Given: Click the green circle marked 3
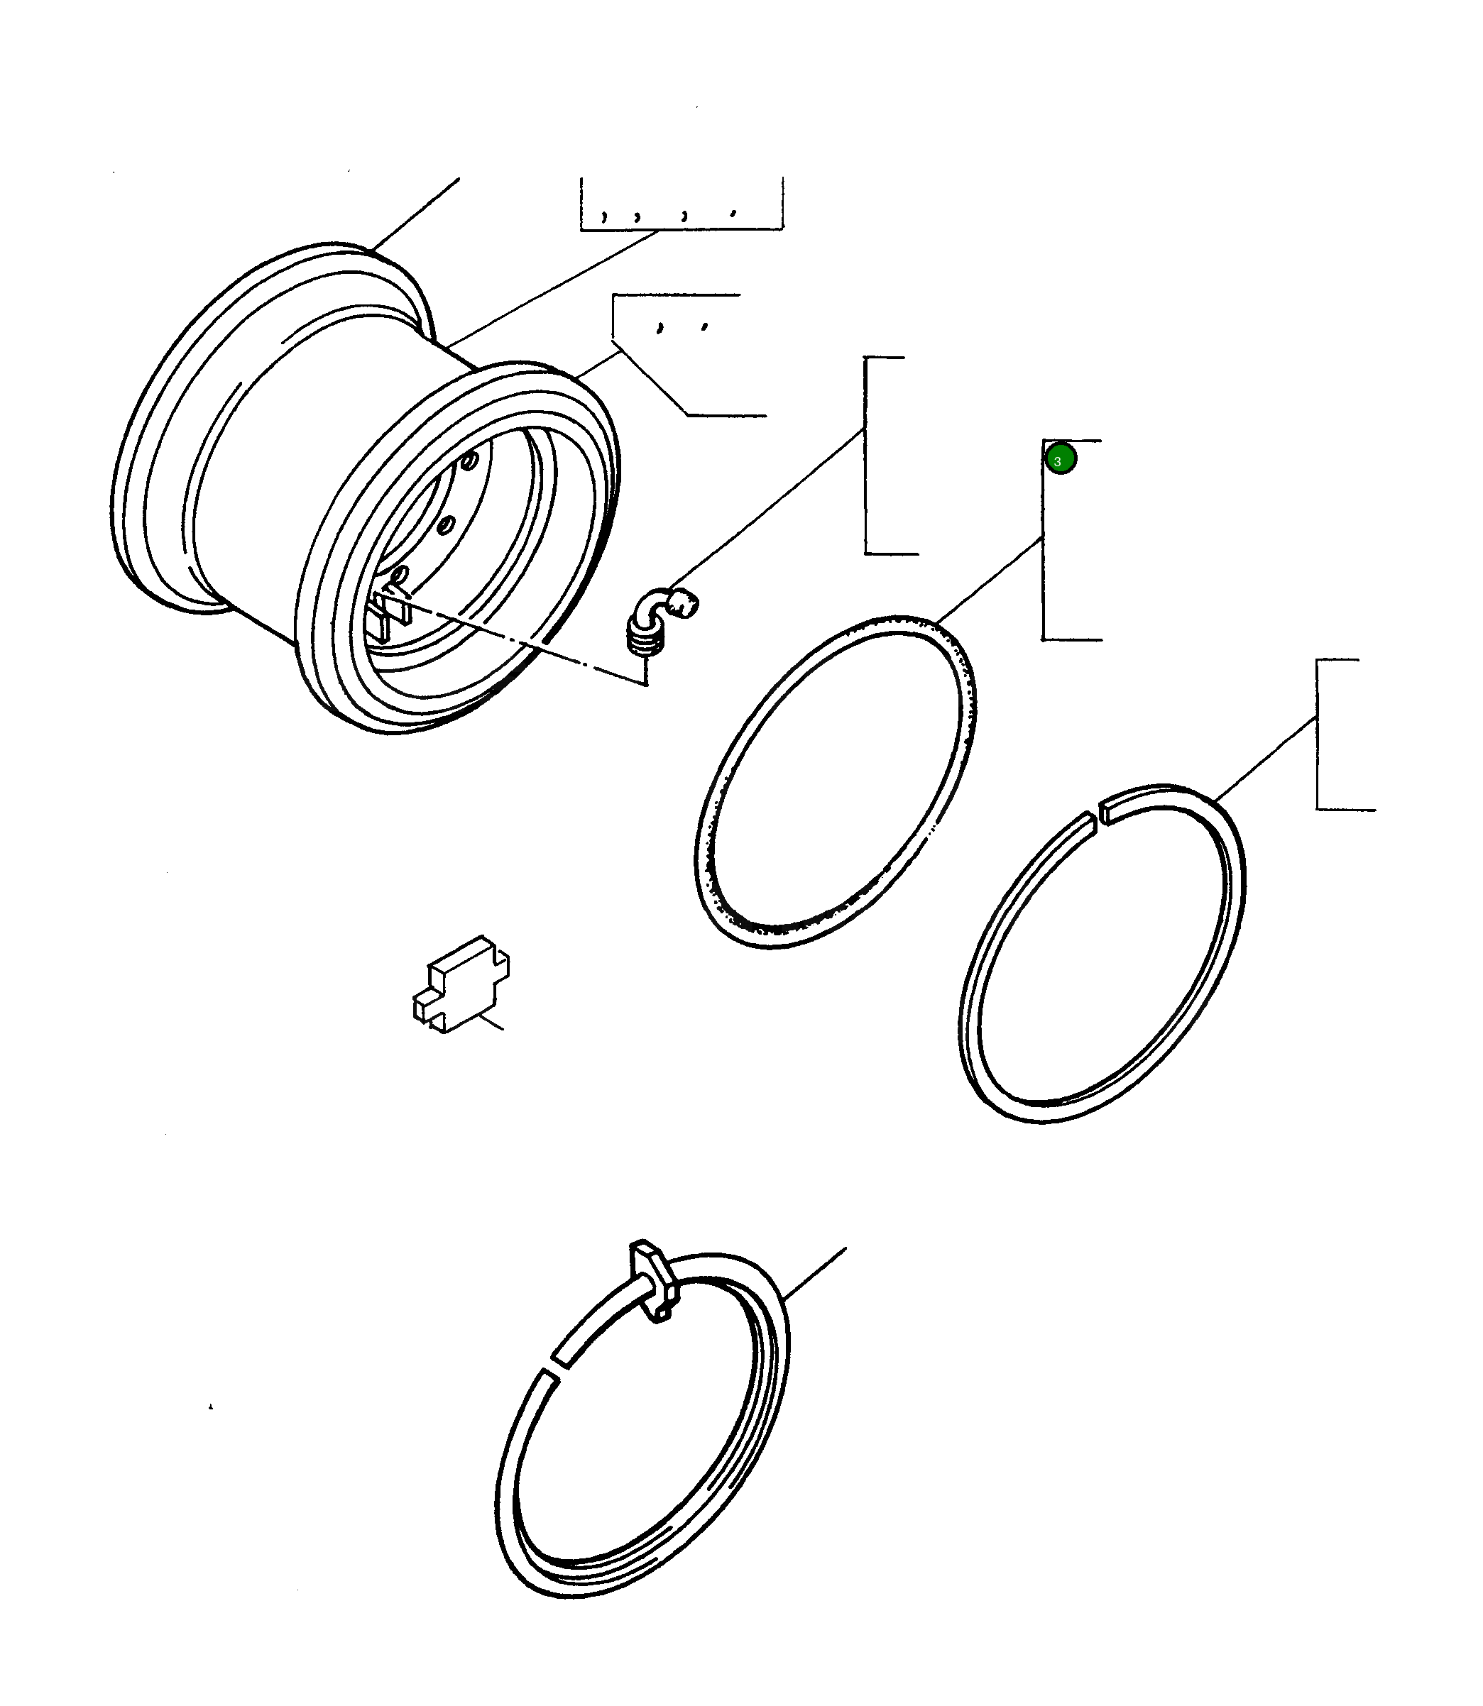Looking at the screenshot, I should click(x=1060, y=459).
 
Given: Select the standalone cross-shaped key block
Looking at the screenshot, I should click(x=461, y=984).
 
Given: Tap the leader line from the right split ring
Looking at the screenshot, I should click(x=1266, y=759).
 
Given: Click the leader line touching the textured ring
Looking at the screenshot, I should click(x=989, y=580).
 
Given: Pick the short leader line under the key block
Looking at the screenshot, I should click(x=489, y=1023).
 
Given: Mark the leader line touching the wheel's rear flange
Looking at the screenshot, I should click(x=414, y=214).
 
